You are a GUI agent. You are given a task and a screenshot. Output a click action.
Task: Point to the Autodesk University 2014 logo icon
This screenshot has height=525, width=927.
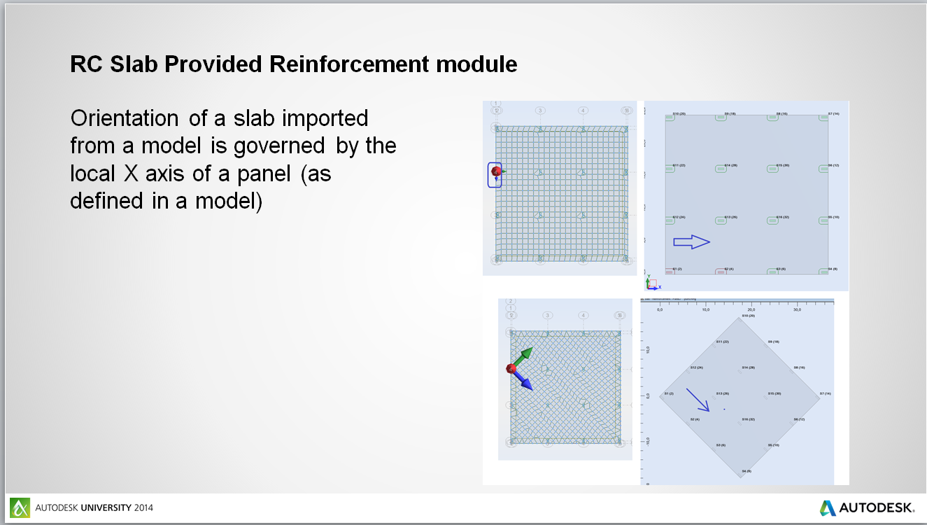20,507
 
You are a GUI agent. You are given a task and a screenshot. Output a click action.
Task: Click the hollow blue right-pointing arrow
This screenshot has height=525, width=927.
691,242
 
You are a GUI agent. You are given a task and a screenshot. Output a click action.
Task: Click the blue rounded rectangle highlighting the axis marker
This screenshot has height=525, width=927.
495,174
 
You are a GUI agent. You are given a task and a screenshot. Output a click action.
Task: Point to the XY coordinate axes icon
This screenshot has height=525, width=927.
652,282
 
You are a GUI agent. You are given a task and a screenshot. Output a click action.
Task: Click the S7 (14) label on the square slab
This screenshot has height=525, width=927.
833,113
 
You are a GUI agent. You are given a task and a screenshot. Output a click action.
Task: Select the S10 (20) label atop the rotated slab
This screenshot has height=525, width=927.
747,316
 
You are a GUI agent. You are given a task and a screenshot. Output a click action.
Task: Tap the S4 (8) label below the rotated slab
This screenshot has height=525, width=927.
746,471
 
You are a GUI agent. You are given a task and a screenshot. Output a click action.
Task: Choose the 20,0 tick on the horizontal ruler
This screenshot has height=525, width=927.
751,309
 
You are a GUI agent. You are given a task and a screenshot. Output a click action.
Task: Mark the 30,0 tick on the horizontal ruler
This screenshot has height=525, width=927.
796,309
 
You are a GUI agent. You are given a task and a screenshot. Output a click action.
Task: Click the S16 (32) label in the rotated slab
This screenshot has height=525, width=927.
747,419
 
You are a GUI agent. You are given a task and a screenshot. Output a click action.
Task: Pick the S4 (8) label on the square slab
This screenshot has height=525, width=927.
833,269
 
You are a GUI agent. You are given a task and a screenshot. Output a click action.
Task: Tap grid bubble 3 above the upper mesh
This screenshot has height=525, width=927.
540,111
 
